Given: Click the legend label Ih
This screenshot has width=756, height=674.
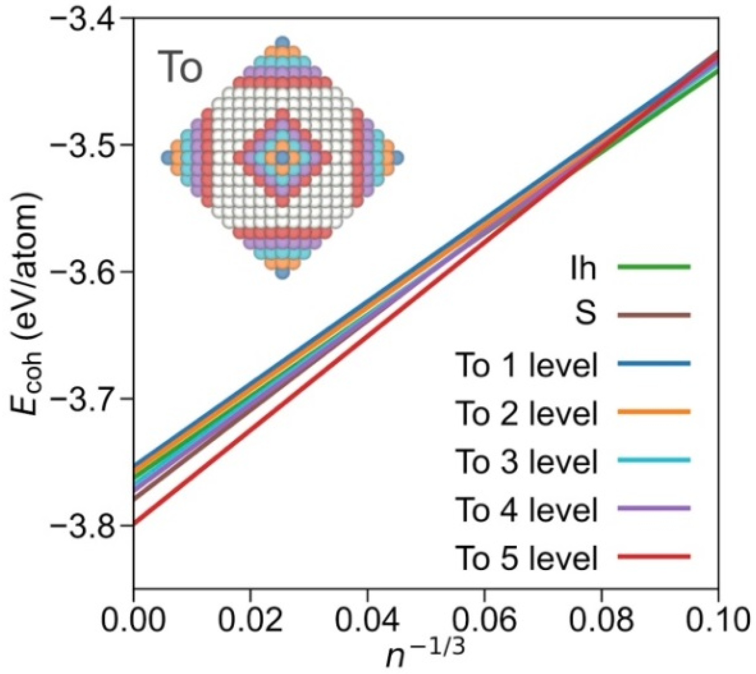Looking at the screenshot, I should pyautogui.click(x=583, y=268).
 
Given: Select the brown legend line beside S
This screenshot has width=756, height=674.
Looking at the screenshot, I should pyautogui.click(x=654, y=315).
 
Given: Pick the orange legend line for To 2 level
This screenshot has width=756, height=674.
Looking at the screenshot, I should pyautogui.click(x=654, y=412).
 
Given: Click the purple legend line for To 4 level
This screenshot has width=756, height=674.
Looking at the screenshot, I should pyautogui.click(x=654, y=508).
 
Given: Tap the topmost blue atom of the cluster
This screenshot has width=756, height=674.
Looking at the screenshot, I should pyautogui.click(x=282, y=42).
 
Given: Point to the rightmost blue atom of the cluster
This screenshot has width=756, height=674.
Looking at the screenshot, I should pyautogui.click(x=398, y=158).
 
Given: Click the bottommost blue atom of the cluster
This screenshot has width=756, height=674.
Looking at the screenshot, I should pyautogui.click(x=282, y=273).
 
